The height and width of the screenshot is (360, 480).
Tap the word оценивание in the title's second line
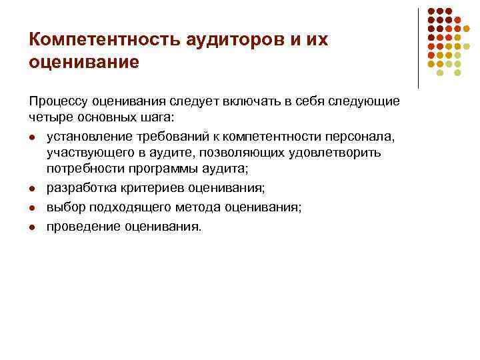click(84, 62)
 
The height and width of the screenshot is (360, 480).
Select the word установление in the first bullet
click(86, 137)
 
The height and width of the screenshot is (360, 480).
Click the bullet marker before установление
click(33, 137)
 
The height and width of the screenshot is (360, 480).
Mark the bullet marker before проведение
click(33, 227)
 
